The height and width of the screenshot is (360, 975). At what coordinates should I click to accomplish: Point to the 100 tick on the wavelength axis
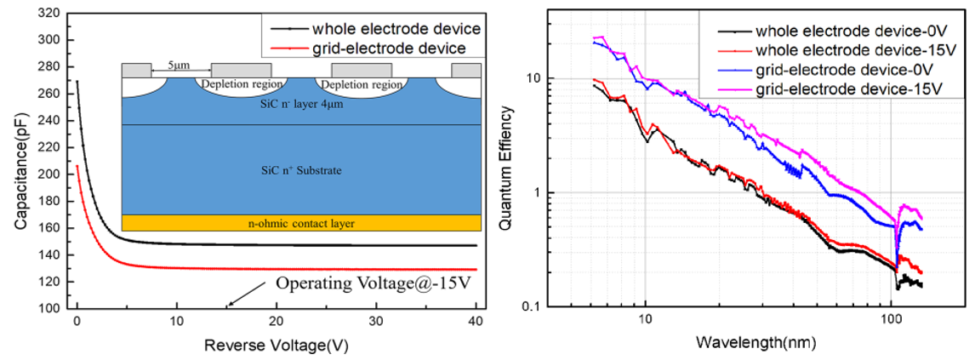[891, 323]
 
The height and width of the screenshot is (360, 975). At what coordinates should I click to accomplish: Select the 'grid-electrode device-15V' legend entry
[847, 87]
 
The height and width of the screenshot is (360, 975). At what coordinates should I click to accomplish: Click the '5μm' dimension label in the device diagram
[179, 63]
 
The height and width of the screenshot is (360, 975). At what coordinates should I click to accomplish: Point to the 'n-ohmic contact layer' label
[301, 223]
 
